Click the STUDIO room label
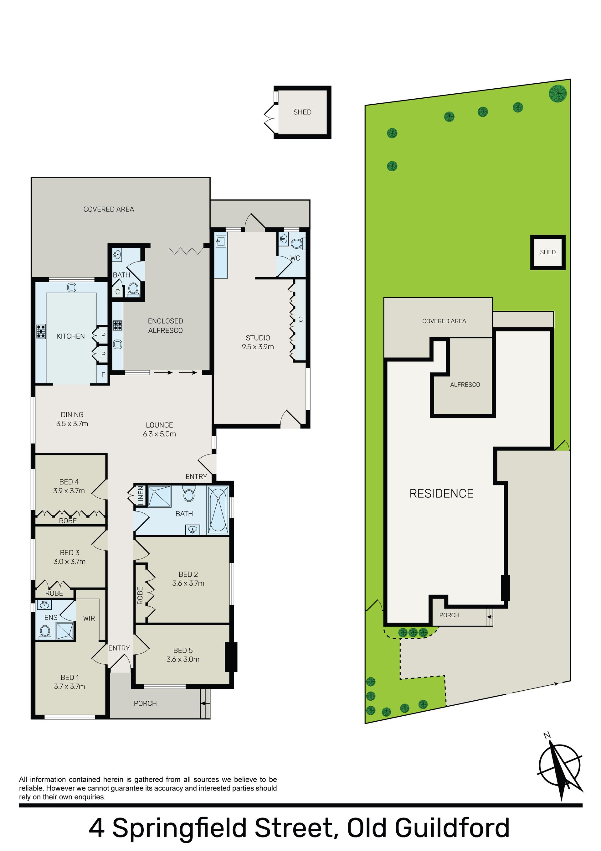click(258, 338)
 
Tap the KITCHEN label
click(71, 336)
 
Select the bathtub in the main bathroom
click(218, 510)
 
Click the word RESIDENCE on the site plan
click(441, 494)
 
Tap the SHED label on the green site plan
click(548, 252)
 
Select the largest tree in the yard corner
click(558, 93)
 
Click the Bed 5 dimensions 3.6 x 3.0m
click(183, 659)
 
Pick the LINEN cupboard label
click(141, 496)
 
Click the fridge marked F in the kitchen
click(103, 375)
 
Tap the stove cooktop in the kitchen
click(41, 331)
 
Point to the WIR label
click(89, 618)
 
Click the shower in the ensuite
click(65, 631)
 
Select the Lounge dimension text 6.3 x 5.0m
click(159, 434)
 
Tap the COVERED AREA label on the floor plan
click(109, 210)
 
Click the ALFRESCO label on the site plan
click(465, 385)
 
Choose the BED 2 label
click(188, 574)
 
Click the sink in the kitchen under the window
click(71, 287)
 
